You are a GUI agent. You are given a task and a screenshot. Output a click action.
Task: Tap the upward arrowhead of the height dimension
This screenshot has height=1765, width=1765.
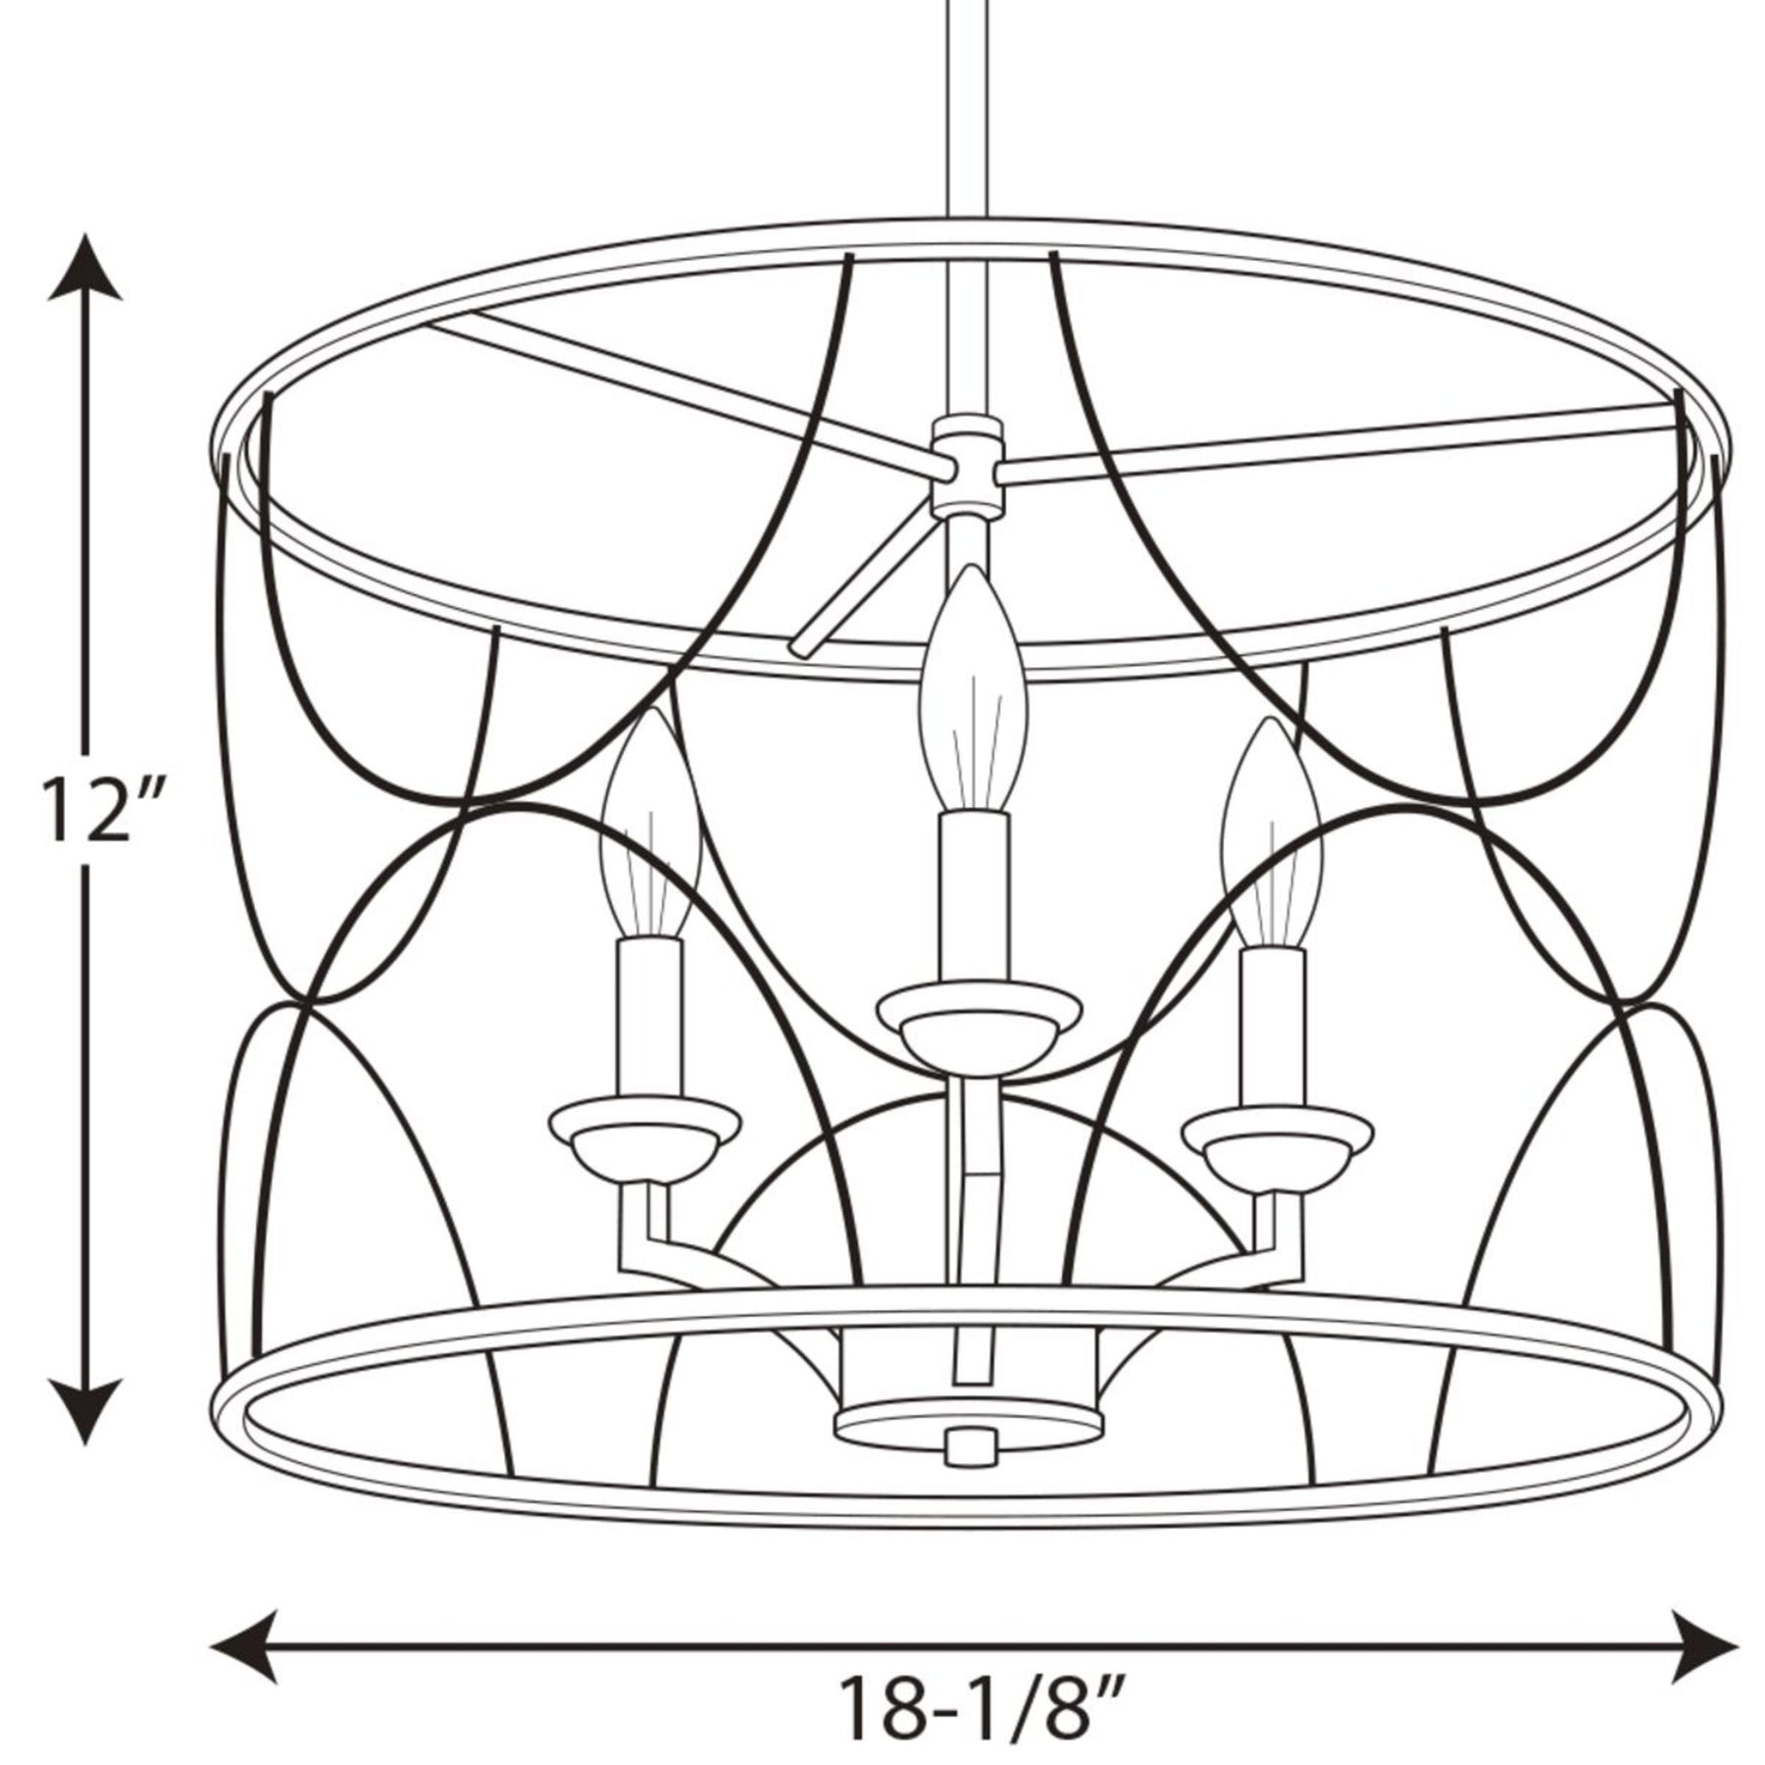tap(87, 267)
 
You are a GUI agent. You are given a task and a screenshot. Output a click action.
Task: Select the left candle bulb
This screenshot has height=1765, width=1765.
tap(649, 824)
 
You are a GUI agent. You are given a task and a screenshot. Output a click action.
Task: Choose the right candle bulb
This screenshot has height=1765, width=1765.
tap(1272, 833)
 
